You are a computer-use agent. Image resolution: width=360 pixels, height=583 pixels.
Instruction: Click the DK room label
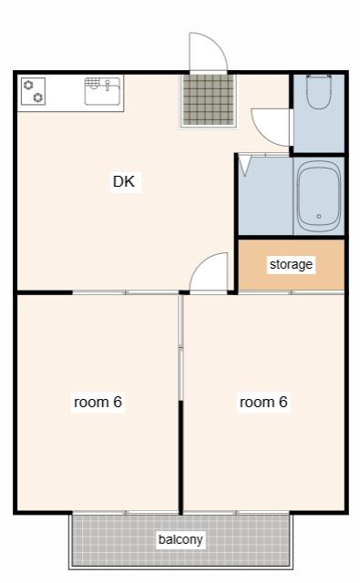click(124, 181)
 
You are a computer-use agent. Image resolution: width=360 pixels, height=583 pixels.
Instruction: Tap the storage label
click(291, 264)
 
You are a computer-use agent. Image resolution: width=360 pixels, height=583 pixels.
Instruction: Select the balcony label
click(180, 539)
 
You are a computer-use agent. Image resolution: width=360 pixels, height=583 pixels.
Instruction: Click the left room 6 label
click(98, 402)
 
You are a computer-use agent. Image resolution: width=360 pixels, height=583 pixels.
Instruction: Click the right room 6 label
click(263, 402)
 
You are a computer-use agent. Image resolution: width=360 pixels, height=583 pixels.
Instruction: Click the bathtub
click(319, 196)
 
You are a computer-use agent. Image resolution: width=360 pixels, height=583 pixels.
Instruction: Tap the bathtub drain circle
click(318, 216)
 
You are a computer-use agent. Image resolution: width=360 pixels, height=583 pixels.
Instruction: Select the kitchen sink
click(102, 91)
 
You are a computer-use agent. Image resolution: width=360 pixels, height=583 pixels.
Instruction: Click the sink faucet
click(108, 85)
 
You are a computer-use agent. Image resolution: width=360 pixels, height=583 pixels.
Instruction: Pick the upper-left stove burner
click(28, 85)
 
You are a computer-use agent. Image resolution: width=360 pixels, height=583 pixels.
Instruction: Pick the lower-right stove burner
click(38, 97)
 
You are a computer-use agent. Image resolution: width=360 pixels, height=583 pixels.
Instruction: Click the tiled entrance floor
click(209, 99)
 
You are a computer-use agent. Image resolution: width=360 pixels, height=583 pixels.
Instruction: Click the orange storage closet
click(292, 264)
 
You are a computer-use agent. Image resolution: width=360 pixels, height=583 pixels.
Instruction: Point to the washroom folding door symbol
click(245, 166)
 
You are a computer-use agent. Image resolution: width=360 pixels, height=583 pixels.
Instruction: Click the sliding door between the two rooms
click(180, 347)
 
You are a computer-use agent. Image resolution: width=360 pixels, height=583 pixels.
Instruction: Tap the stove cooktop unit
click(33, 91)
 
